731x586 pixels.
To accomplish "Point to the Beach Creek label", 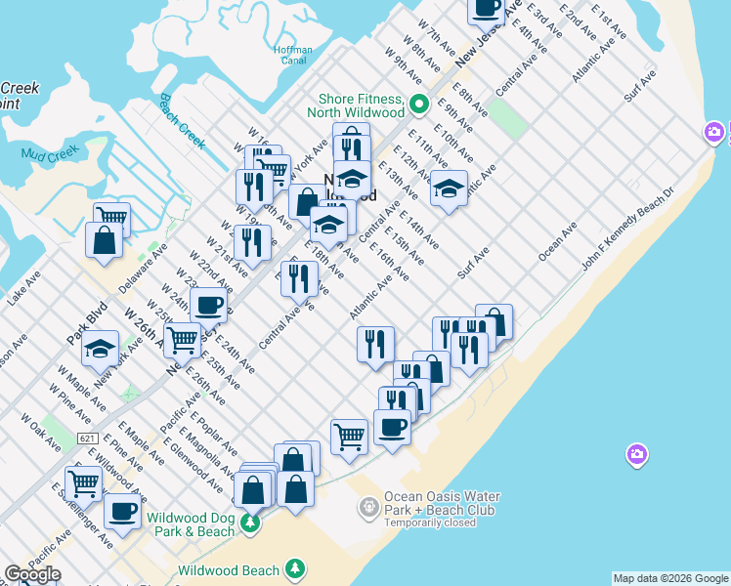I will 182,121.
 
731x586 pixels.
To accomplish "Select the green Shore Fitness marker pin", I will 419,104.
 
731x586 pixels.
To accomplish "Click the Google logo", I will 32,574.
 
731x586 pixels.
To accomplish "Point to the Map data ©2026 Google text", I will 670,578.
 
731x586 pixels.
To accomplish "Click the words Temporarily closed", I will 430,523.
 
